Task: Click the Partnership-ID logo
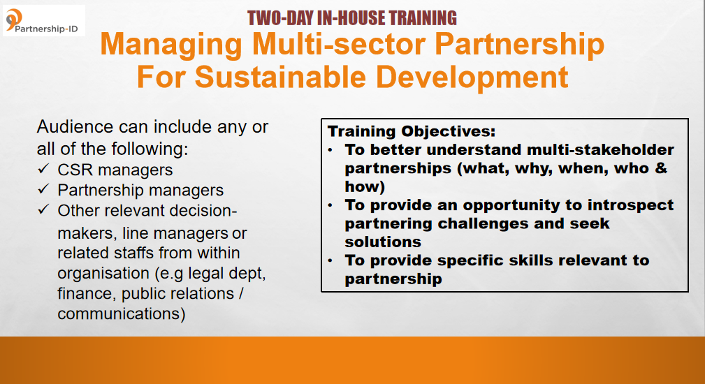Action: (43, 21)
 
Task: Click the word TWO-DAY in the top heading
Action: (280, 18)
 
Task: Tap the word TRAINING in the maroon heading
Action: (423, 18)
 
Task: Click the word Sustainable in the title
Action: (281, 77)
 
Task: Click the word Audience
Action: (75, 126)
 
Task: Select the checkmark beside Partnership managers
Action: (43, 189)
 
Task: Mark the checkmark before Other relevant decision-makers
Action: (43, 209)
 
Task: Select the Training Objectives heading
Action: (412, 131)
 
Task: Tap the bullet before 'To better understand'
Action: (330, 149)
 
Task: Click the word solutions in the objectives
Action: (383, 242)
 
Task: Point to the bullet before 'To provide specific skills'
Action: (330, 260)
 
